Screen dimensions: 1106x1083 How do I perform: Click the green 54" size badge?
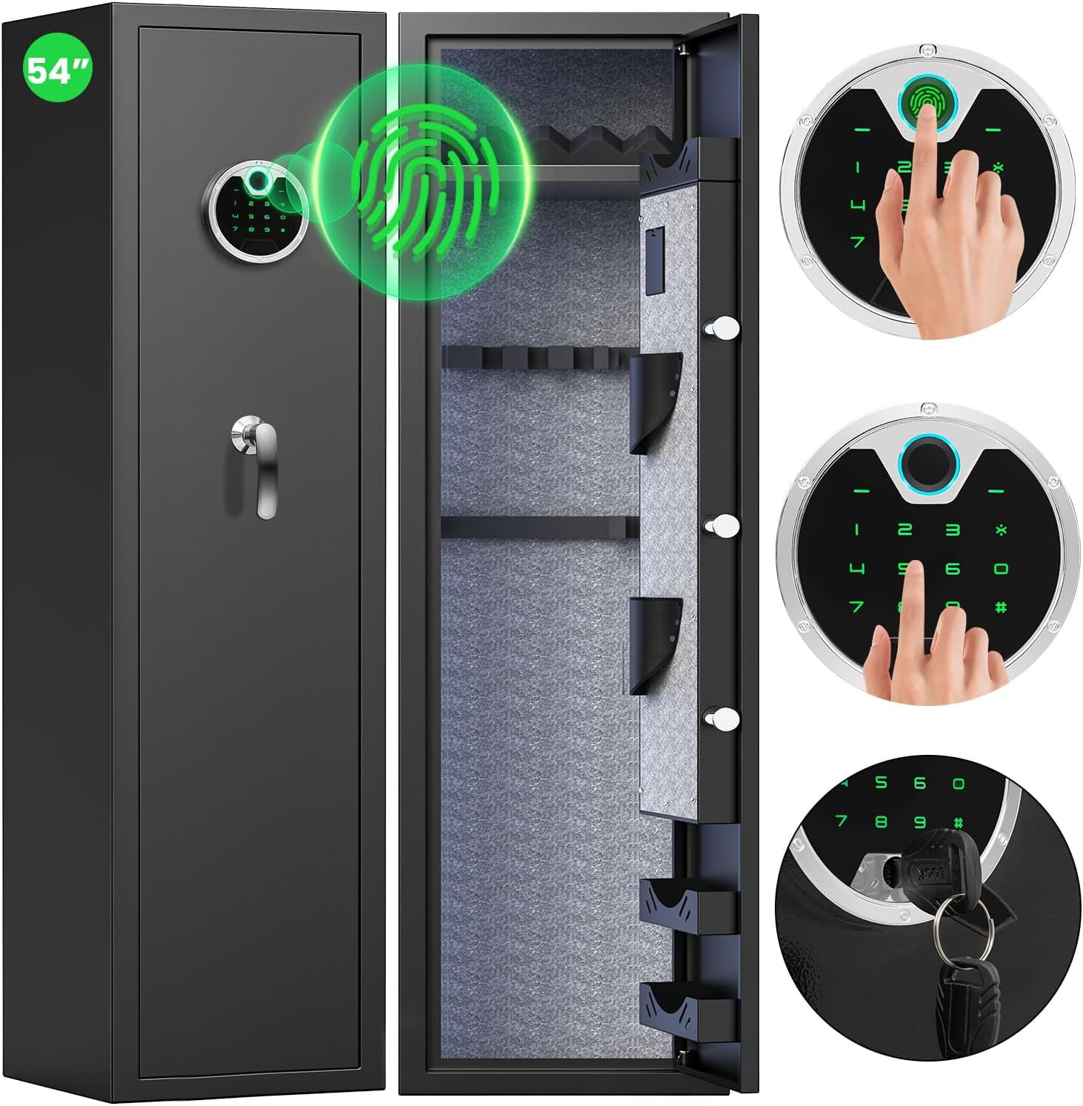[x=56, y=70]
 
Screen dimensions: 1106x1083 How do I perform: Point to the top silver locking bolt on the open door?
[x=722, y=326]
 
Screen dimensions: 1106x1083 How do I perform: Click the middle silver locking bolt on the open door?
[x=722, y=524]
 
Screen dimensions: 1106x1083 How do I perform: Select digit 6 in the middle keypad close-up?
[x=953, y=569]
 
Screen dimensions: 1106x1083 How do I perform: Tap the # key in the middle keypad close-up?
[x=1001, y=608]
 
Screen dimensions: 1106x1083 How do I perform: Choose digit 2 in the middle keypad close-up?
[x=904, y=529]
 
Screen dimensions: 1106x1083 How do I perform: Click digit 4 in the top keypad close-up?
[x=857, y=204]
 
